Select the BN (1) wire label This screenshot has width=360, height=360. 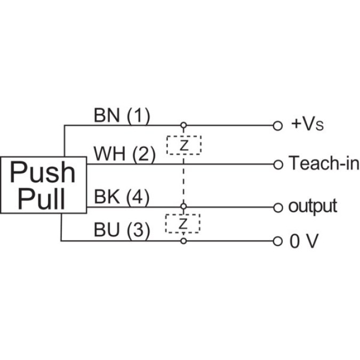[122, 116]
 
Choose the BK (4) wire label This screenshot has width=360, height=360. [122, 197]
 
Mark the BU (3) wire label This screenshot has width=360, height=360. [122, 231]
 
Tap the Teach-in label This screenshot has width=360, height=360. [324, 163]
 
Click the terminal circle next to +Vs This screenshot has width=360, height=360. [277, 126]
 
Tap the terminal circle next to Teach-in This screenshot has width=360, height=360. [277, 164]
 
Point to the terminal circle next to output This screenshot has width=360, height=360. [277, 206]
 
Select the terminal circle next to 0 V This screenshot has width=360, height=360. [277, 241]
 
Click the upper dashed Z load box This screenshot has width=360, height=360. [183, 145]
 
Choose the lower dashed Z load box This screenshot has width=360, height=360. [183, 223]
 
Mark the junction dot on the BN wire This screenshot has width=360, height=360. [183, 126]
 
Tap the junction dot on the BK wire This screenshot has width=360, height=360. [183, 206]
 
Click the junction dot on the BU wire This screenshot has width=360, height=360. [183, 241]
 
